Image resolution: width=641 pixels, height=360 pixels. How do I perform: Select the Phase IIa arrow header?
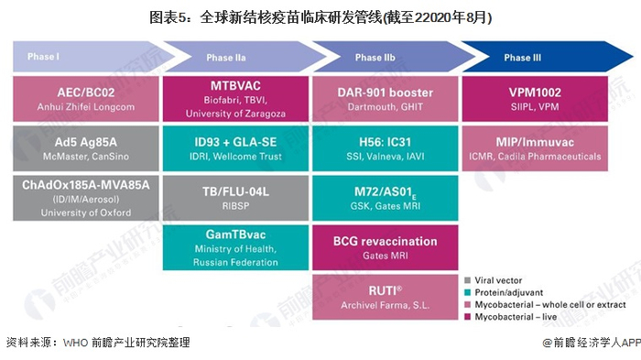(x=237, y=57)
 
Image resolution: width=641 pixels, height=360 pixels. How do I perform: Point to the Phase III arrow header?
(x=539, y=57)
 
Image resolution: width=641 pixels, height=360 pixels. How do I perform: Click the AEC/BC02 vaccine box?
(x=86, y=99)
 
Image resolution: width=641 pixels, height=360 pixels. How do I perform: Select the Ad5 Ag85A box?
(x=86, y=148)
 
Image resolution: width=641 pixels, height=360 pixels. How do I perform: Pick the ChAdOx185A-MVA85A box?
(x=86, y=198)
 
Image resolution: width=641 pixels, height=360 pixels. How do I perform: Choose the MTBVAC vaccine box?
(x=235, y=99)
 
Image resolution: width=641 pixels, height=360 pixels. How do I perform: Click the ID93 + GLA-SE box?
(x=235, y=148)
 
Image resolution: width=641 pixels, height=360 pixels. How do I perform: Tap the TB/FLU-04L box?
(x=235, y=198)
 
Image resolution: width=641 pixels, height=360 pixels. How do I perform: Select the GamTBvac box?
(x=235, y=247)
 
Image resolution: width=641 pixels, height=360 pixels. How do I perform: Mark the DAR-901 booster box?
(x=386, y=99)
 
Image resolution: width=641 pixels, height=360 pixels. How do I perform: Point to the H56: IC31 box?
(x=386, y=148)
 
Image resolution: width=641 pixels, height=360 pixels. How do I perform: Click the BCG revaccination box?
(x=386, y=247)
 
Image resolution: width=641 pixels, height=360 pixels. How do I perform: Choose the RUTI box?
(x=386, y=297)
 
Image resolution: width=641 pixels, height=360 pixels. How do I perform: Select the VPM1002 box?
(x=535, y=99)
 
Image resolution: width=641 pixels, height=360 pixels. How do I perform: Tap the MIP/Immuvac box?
(x=535, y=148)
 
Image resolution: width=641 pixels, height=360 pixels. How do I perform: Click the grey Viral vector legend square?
(x=468, y=280)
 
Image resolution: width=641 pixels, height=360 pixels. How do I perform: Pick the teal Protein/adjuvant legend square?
(x=468, y=292)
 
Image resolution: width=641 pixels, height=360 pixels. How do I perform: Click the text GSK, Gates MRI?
(x=386, y=206)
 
